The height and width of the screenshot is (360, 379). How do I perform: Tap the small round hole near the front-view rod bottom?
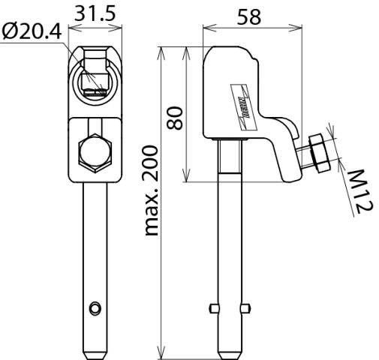pyautogui.click(x=94, y=307)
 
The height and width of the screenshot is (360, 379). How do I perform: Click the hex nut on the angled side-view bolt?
pyautogui.click(x=318, y=151)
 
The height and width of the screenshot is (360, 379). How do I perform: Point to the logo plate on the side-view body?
pyautogui.click(x=245, y=97)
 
